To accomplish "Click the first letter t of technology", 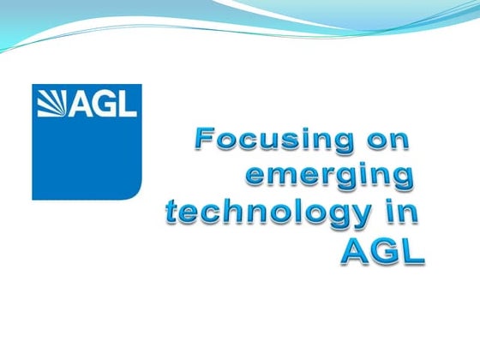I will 172,214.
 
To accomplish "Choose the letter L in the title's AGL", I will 411,253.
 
